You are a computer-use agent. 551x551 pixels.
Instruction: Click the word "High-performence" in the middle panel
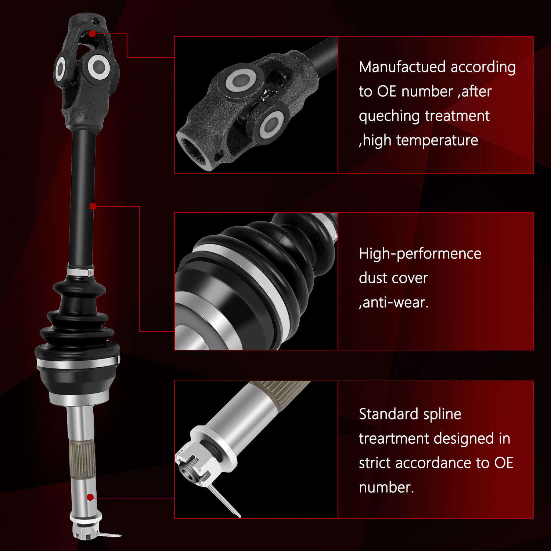point(420,254)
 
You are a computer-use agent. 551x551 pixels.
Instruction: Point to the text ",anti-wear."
point(394,303)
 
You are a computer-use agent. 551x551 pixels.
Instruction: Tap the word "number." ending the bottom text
point(386,487)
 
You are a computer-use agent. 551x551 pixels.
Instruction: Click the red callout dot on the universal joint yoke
point(92,33)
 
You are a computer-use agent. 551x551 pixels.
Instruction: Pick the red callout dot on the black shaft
point(93,206)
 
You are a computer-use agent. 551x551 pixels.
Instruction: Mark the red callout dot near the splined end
point(90,497)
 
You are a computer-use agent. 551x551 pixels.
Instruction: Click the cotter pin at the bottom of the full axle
point(107,535)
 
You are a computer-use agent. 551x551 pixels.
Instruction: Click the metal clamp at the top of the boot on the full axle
point(81,272)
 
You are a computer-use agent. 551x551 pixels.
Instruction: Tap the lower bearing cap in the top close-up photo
point(271,125)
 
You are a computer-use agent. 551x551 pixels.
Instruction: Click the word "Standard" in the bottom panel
point(388,414)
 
